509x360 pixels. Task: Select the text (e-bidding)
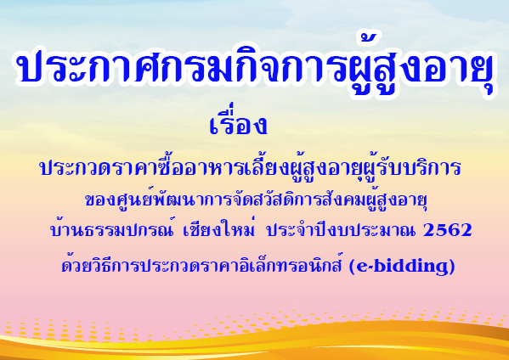pos(402,267)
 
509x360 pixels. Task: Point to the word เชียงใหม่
pos(218,228)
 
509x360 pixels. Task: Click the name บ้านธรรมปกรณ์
pos(112,228)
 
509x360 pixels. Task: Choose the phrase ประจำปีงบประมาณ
pos(341,228)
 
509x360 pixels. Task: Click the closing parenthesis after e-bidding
pos(452,267)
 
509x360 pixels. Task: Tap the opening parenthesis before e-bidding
pos(352,267)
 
